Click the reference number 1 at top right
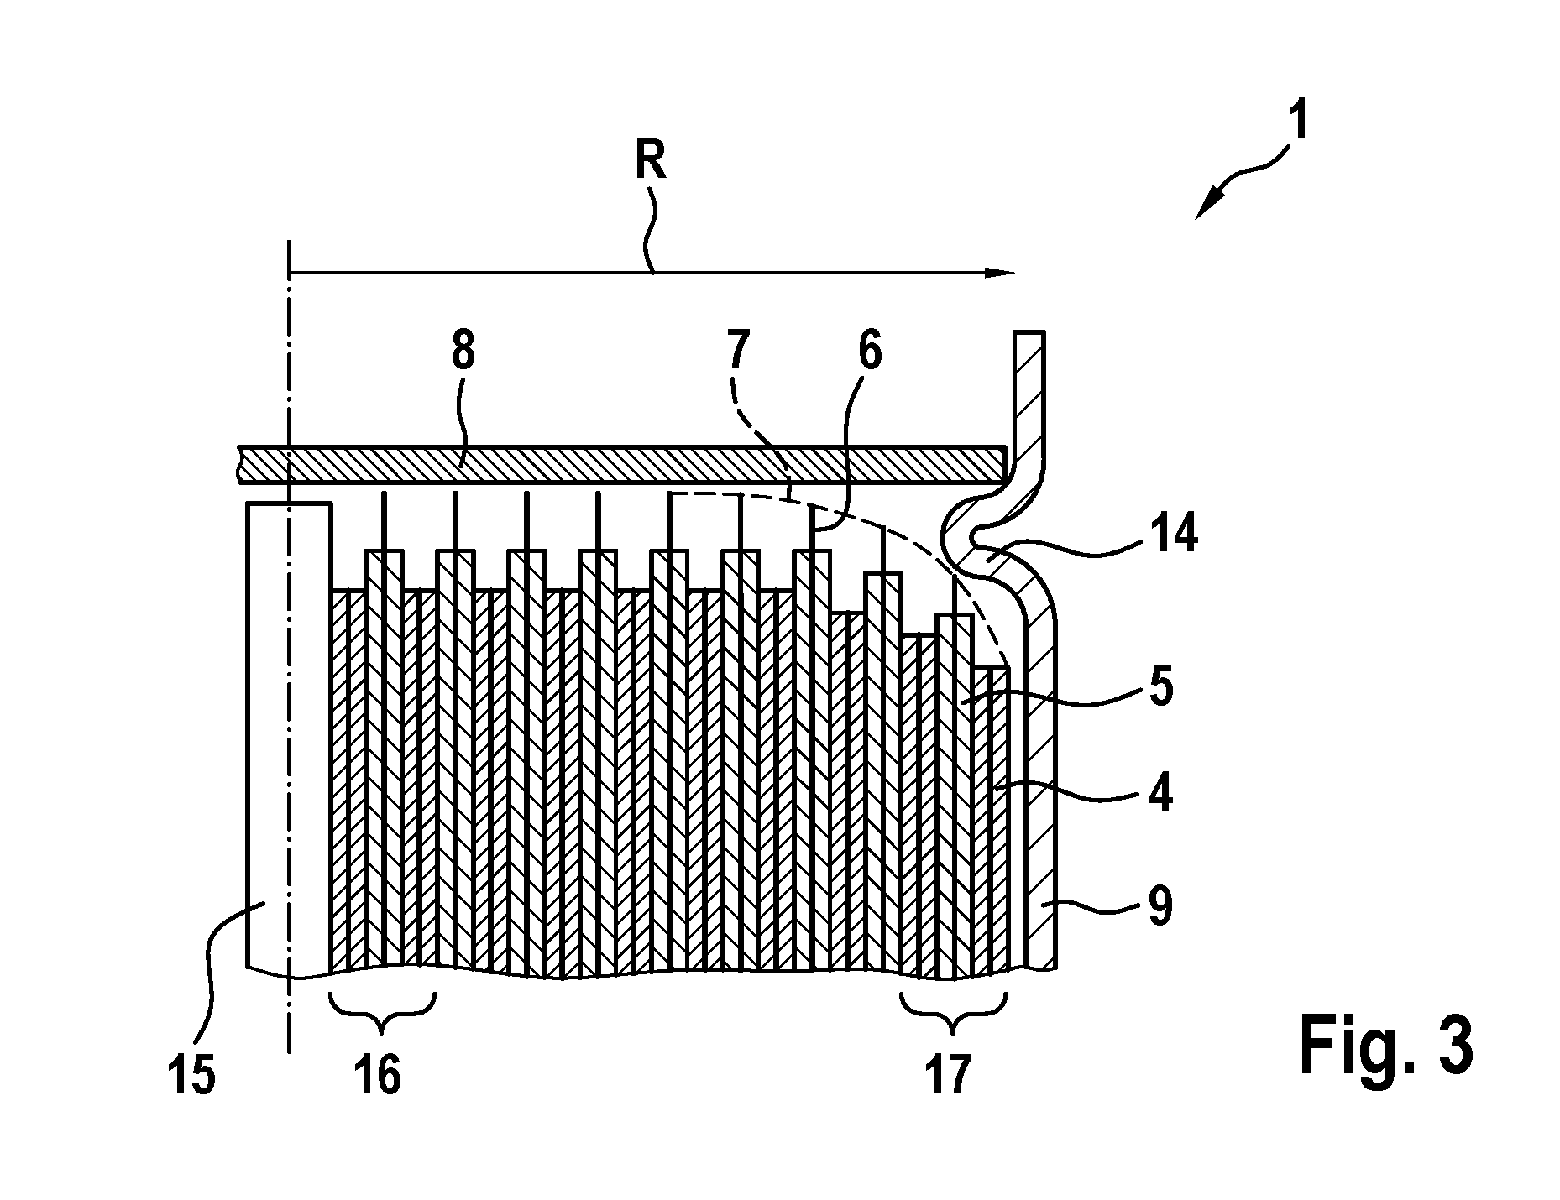pos(1297,121)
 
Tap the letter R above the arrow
pos(651,163)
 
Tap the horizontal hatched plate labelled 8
pos(622,464)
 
